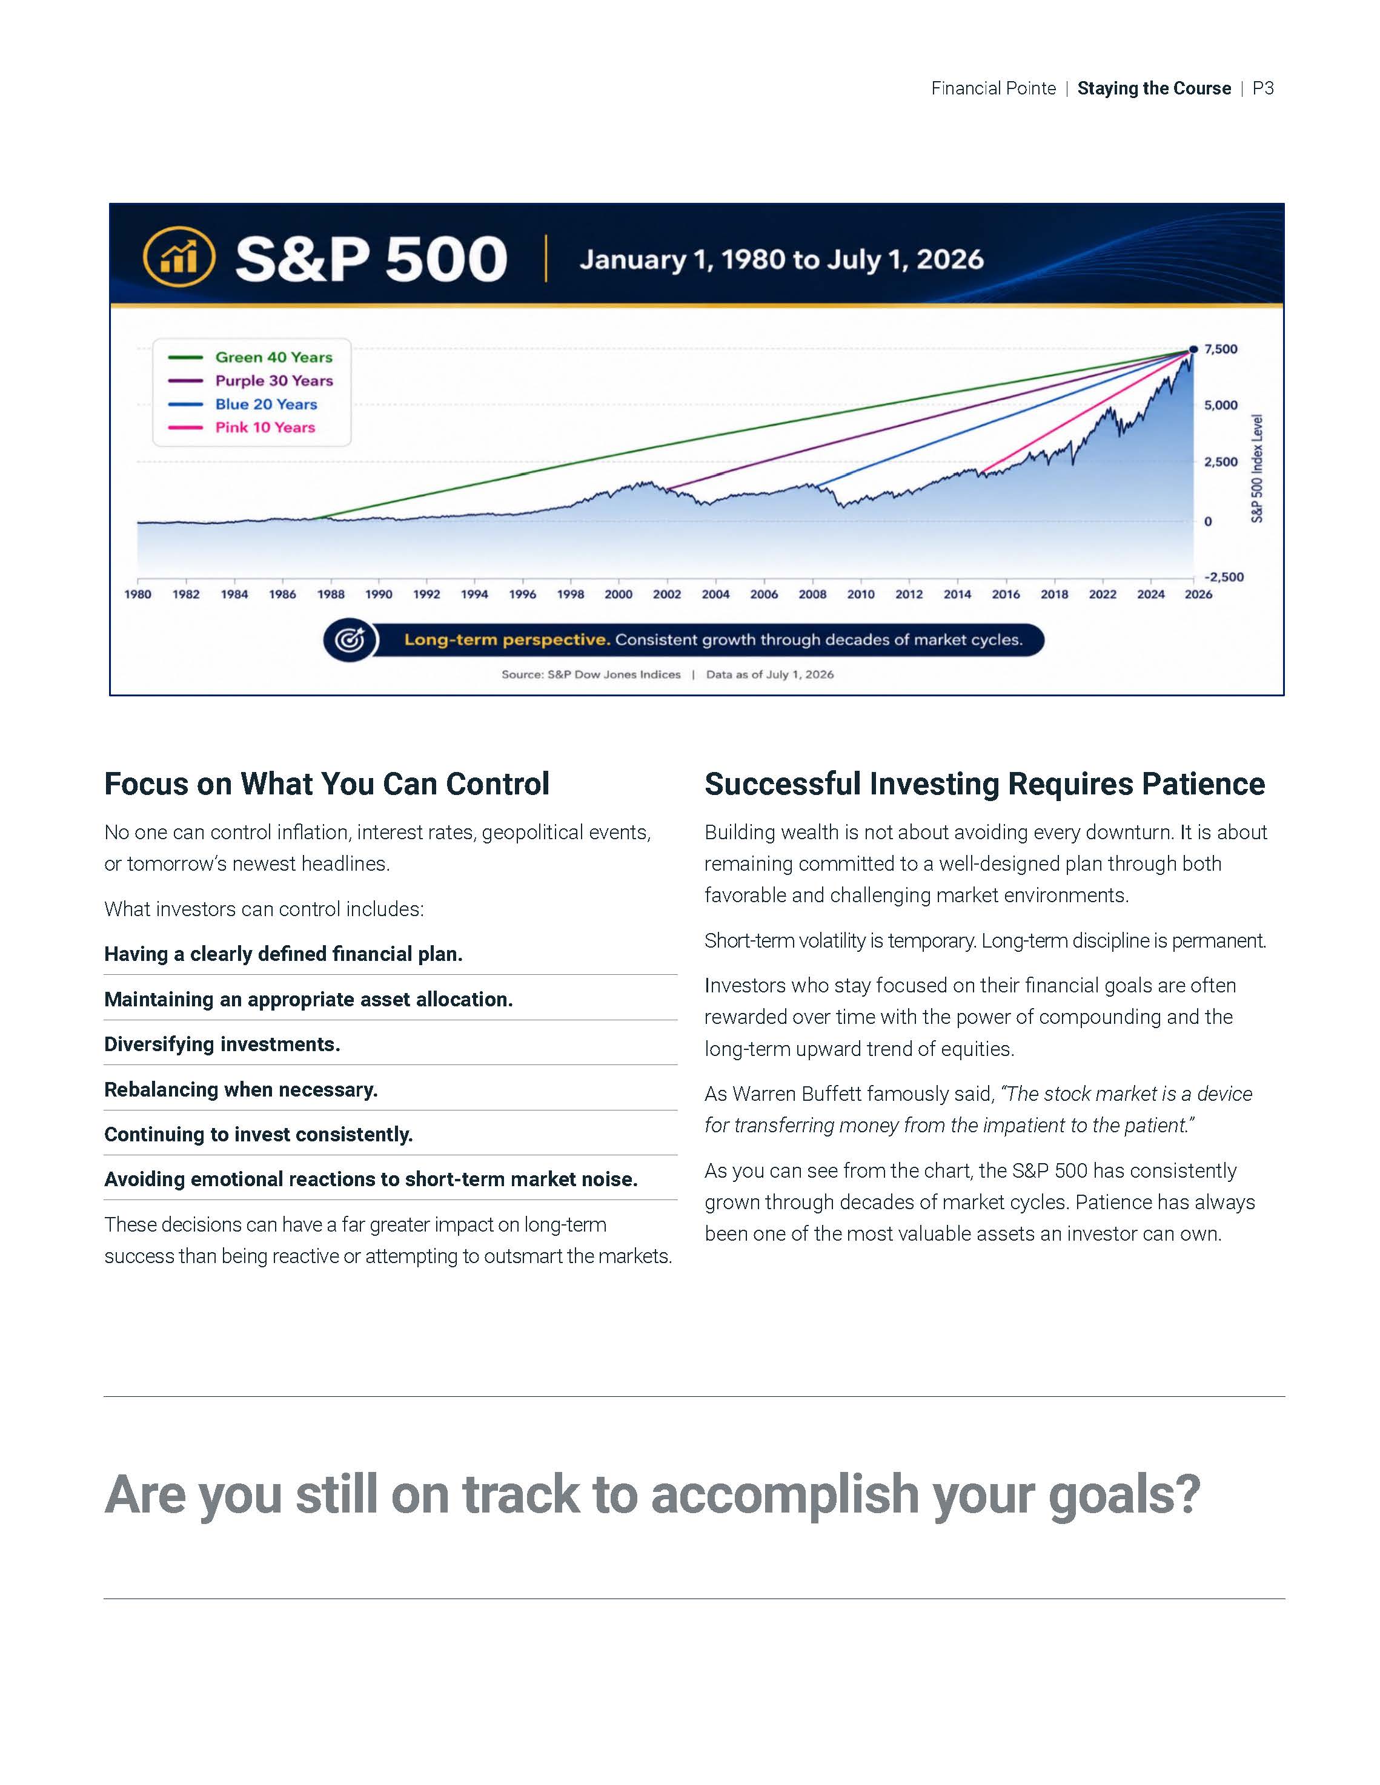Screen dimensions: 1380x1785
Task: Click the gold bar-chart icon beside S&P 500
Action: click(179, 257)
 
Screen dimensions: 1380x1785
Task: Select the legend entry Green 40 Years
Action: click(250, 357)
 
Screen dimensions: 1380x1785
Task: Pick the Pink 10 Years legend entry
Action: click(241, 427)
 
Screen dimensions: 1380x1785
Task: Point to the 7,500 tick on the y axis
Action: click(1221, 349)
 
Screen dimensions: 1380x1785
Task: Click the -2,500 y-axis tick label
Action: click(1224, 577)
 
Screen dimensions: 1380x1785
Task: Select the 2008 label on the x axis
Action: click(812, 594)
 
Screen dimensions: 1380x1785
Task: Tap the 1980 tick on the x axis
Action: click(138, 594)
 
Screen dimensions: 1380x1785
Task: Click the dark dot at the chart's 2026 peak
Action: click(1193, 349)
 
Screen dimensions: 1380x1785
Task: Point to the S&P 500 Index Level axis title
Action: click(1258, 468)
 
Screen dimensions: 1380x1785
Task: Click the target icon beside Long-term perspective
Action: click(351, 640)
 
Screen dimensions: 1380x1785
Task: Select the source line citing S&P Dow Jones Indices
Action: click(591, 675)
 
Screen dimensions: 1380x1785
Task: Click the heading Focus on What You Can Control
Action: click(327, 784)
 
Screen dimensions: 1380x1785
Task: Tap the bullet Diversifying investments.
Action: click(222, 1044)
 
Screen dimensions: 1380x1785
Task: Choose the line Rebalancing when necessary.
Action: click(241, 1089)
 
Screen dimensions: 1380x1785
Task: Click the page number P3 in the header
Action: click(1263, 88)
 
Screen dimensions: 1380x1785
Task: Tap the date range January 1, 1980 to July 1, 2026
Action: click(781, 260)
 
